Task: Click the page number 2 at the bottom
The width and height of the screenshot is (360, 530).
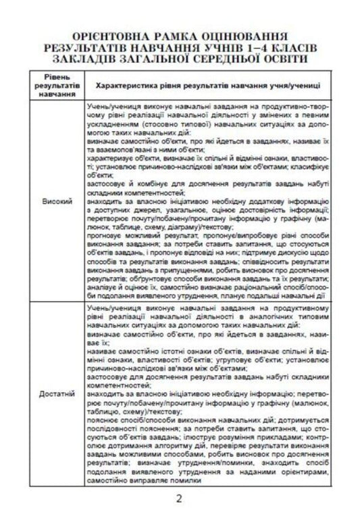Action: pyautogui.click(x=180, y=500)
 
